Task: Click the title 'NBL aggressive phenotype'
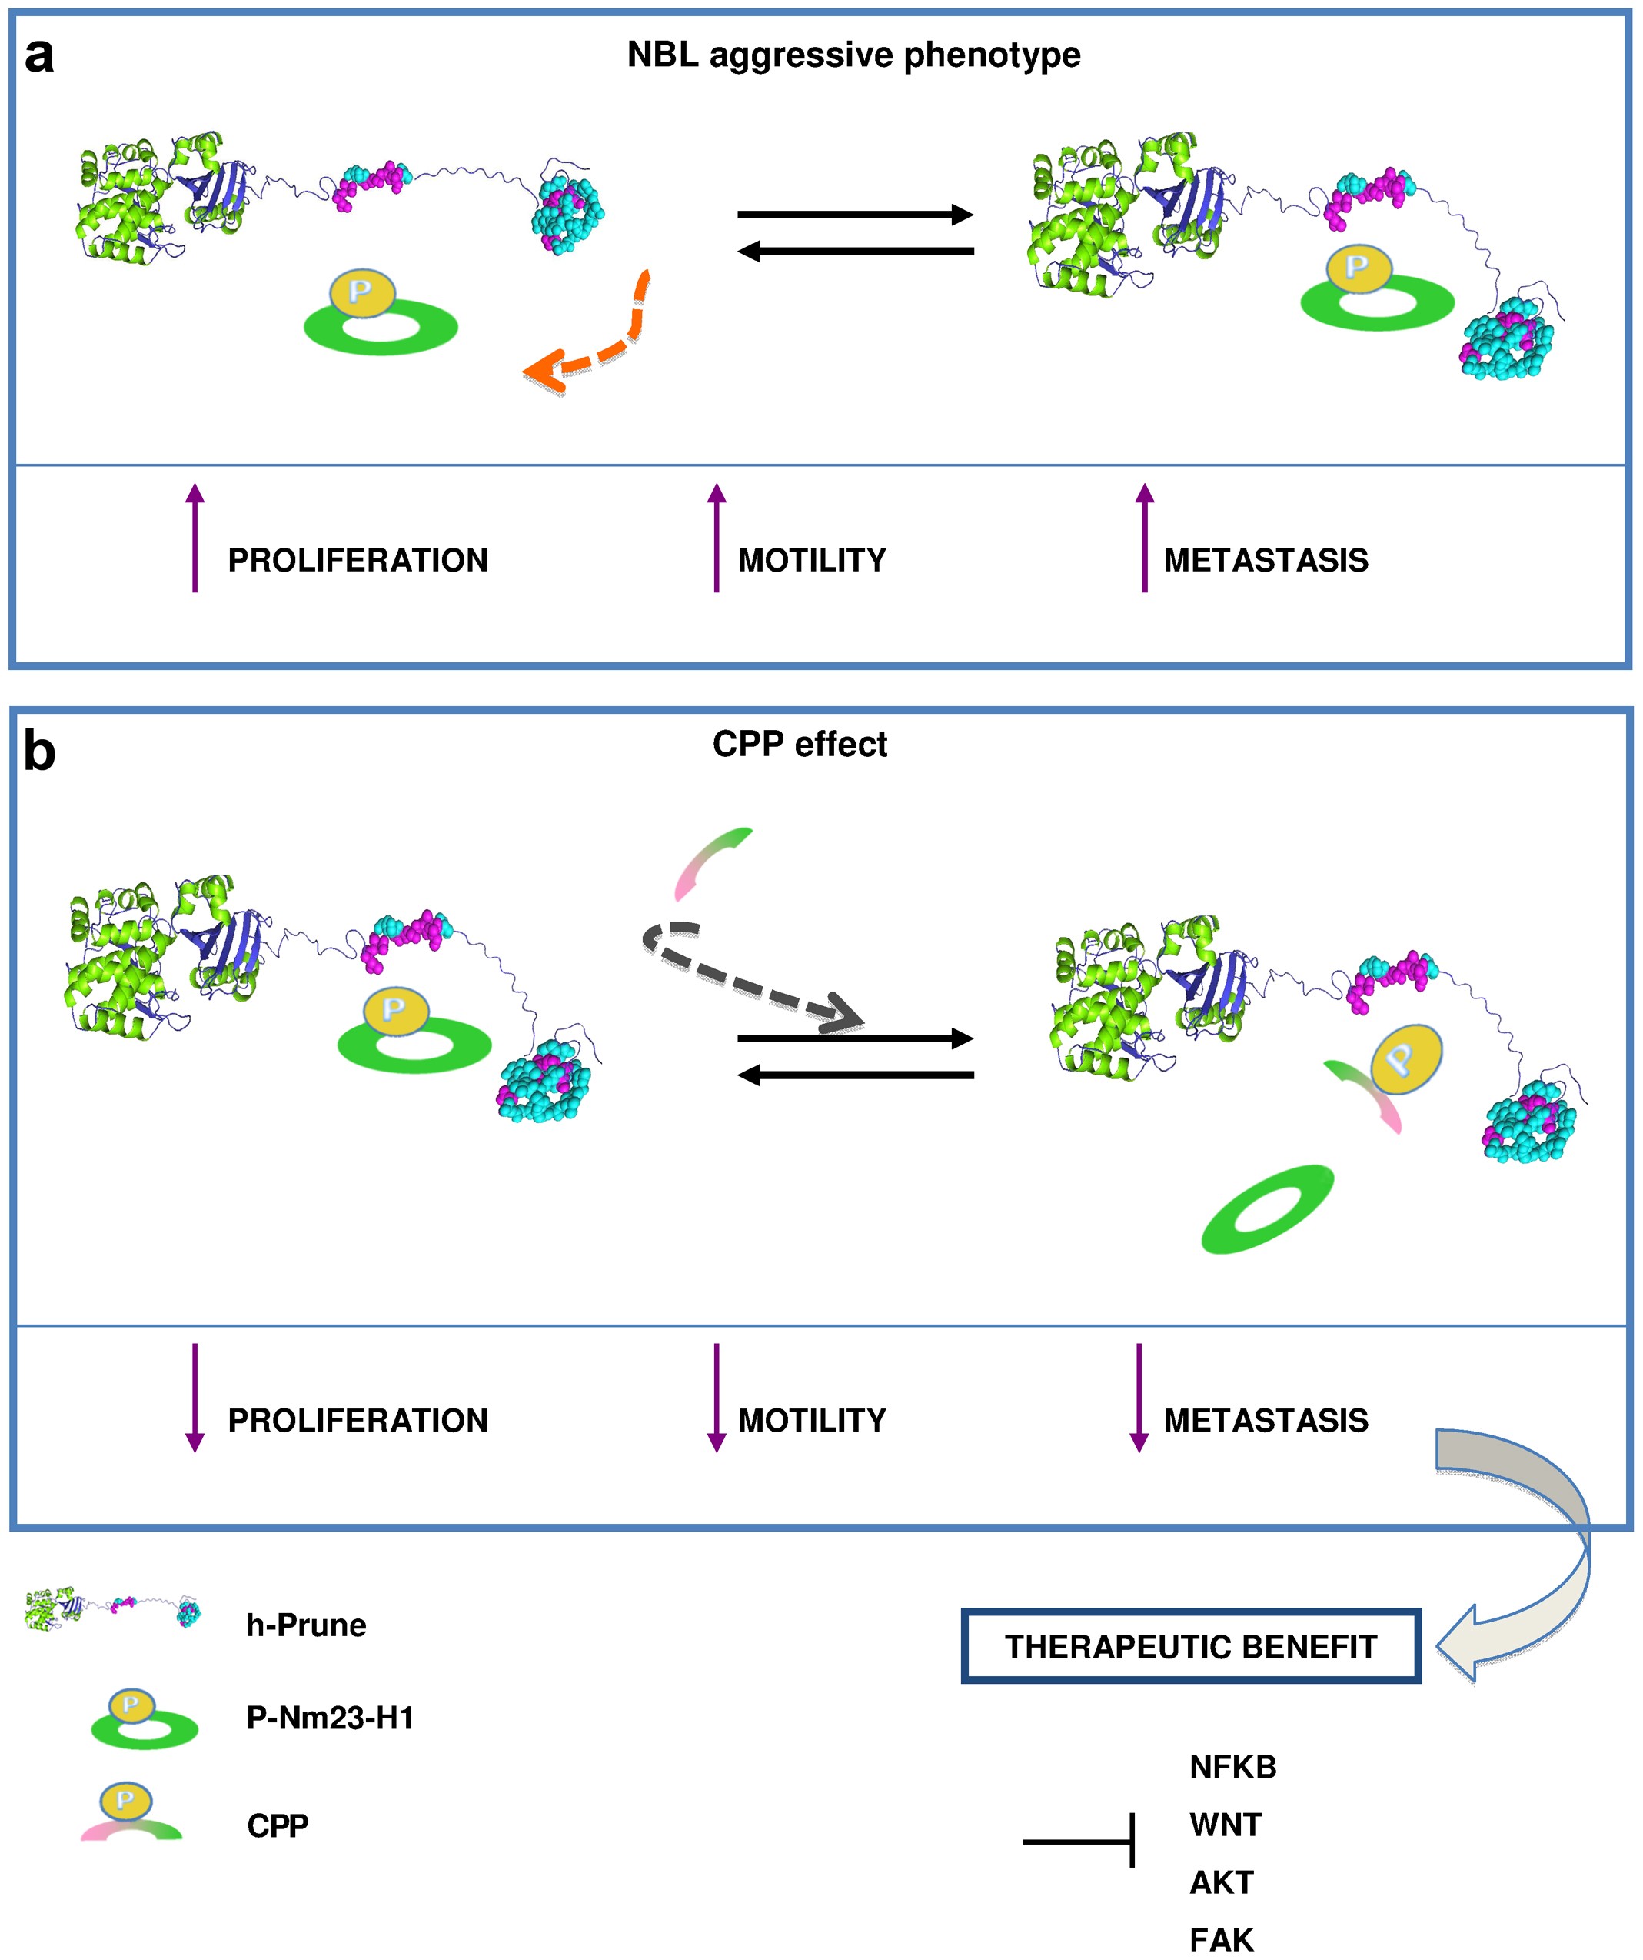853,55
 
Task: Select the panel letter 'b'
38,752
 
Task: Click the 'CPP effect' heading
800,744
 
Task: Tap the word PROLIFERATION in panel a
358,560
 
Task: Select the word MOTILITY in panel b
812,1421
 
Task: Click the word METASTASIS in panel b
1266,1421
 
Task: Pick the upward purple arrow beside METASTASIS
1145,537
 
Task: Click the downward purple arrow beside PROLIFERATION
195,1397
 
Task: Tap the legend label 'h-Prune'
306,1625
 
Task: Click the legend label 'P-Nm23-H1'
329,1718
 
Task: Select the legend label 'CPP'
277,1825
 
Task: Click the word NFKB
1232,1768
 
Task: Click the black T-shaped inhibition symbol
1083,1842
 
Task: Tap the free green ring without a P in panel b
1267,1208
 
